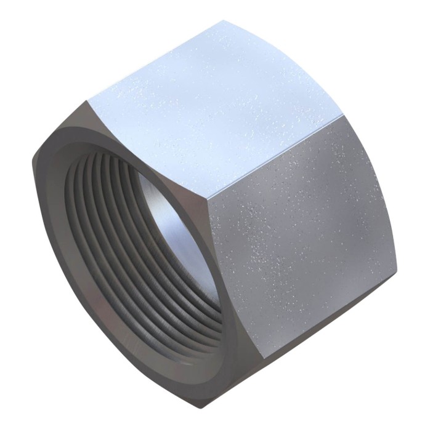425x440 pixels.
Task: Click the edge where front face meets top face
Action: click(x=148, y=151)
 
